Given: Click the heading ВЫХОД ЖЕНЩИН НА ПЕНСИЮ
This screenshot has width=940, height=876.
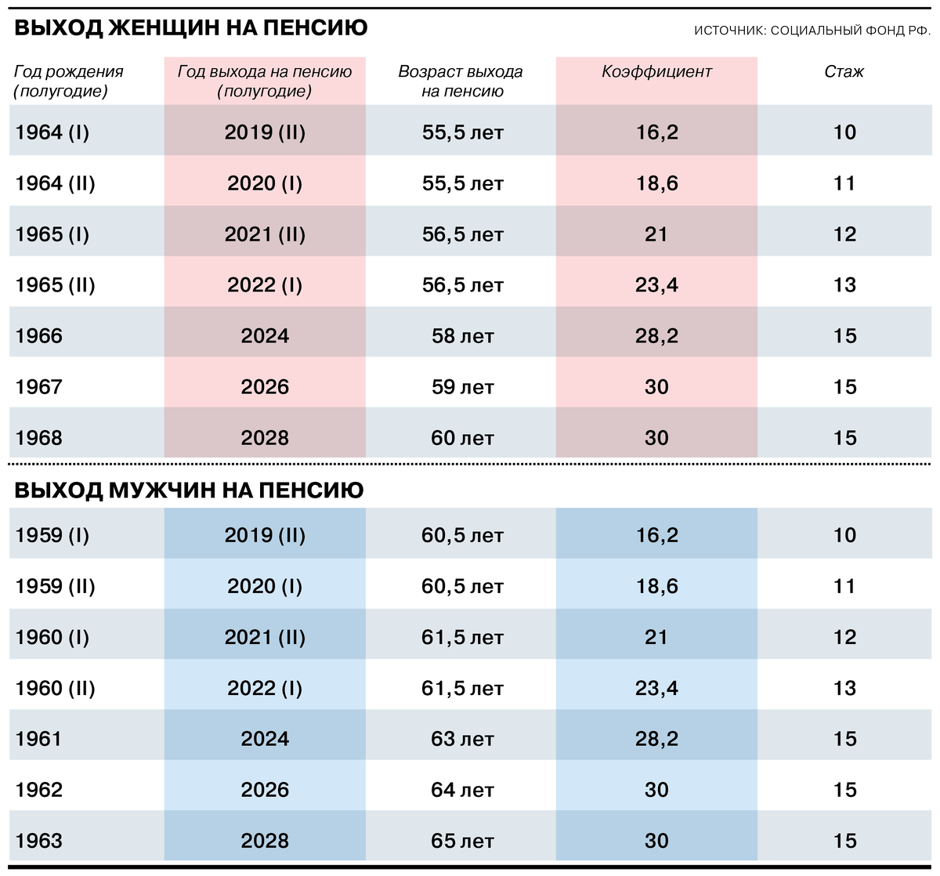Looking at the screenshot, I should click(191, 28).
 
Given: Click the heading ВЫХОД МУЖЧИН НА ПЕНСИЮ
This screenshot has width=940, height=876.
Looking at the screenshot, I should click(189, 490).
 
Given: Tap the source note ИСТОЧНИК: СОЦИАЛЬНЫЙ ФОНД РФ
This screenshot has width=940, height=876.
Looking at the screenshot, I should click(812, 31).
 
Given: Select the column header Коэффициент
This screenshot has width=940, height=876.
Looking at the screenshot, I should click(656, 72).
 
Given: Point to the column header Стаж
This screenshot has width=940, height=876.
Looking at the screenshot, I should click(844, 72).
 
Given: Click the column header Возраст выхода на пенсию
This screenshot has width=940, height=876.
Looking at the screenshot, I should click(461, 81).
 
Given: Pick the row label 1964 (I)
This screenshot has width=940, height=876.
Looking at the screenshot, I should click(52, 132).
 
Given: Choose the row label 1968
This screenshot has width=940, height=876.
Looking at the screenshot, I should click(39, 438).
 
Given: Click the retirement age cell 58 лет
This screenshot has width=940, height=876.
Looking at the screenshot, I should click(462, 336).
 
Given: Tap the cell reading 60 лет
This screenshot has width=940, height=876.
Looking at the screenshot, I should click(462, 438).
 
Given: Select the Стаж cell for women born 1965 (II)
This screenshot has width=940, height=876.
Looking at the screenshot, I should click(844, 285).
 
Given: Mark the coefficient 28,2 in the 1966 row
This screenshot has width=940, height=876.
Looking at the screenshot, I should click(656, 336).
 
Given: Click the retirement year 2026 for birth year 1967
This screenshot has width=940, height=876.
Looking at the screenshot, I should click(265, 387).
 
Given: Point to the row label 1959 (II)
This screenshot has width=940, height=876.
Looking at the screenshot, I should click(55, 587).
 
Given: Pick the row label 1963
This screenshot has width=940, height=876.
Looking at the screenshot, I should click(39, 841).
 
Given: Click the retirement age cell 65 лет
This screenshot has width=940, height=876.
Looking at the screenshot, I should click(462, 841).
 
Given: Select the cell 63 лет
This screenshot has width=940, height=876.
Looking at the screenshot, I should click(462, 739).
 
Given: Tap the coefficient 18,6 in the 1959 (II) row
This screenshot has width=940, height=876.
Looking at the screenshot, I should click(656, 587).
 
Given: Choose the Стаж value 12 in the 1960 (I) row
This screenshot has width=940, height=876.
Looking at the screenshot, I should click(844, 637).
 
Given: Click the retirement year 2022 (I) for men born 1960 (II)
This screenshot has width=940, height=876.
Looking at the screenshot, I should click(265, 689).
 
